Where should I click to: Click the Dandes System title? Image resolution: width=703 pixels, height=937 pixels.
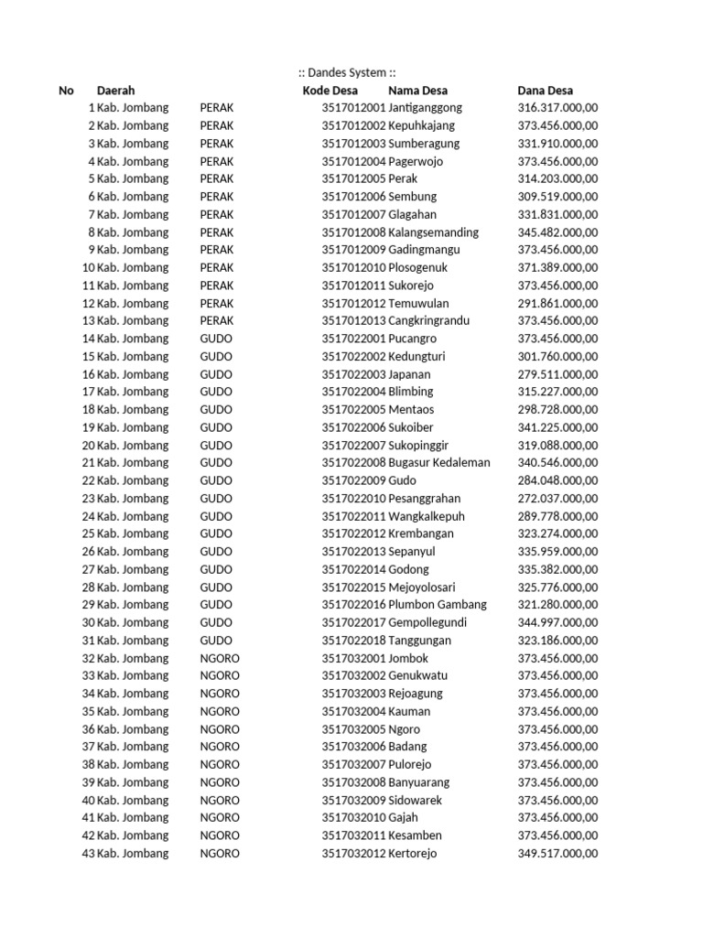(x=348, y=72)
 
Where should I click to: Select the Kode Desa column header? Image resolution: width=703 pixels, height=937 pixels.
(x=330, y=91)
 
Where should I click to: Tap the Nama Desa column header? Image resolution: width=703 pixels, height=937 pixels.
(x=417, y=91)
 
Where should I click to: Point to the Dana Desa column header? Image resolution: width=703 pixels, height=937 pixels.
(x=546, y=91)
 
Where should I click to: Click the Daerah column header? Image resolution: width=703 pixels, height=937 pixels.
(x=116, y=91)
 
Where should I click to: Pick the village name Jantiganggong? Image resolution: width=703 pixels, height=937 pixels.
(x=426, y=108)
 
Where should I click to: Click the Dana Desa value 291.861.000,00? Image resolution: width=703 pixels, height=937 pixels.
(x=557, y=303)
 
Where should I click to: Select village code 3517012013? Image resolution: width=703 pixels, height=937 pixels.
(x=353, y=321)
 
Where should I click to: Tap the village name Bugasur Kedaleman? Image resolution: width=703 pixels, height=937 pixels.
(x=439, y=463)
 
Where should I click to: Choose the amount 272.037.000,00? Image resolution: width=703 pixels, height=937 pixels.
(x=557, y=499)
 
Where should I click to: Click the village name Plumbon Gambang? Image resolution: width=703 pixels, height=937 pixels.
(x=438, y=605)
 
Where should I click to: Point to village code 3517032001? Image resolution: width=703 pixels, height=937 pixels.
(x=353, y=658)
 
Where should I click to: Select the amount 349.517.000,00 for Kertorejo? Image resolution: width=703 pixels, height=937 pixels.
(x=557, y=854)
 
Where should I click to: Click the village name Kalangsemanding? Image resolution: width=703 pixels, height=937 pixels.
(x=434, y=232)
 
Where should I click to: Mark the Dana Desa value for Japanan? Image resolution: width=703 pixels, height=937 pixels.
(x=557, y=374)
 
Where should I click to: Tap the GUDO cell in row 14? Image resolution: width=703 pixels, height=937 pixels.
(x=216, y=339)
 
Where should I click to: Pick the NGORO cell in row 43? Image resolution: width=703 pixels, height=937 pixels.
(x=220, y=854)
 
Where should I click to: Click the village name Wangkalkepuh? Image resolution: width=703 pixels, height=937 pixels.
(x=427, y=516)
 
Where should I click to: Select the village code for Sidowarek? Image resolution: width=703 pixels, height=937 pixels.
(x=353, y=800)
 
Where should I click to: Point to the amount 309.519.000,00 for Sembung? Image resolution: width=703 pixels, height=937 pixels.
(x=557, y=197)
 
